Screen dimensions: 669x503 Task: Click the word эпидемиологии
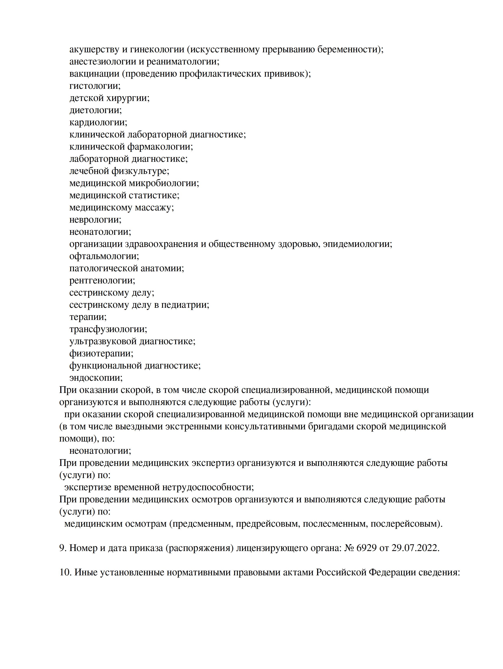click(x=357, y=244)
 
